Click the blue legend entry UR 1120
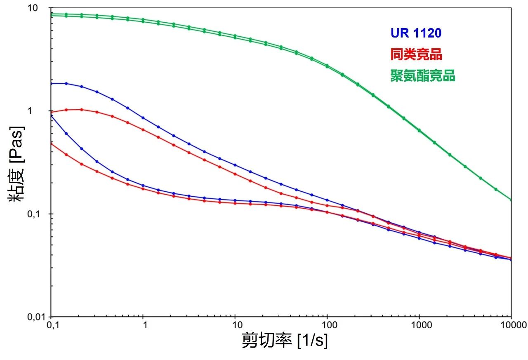[x=416, y=33]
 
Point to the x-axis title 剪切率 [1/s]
[x=284, y=341]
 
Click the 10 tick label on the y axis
[x=40, y=8]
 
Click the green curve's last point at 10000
[x=511, y=200]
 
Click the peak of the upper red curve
[x=81, y=109]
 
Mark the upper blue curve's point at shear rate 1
[x=143, y=118]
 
